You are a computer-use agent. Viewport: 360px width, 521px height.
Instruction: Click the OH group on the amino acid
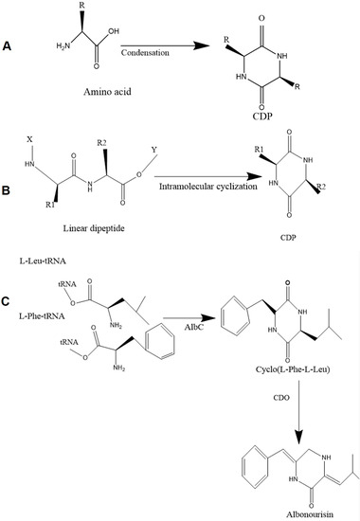pyautogui.click(x=115, y=30)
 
